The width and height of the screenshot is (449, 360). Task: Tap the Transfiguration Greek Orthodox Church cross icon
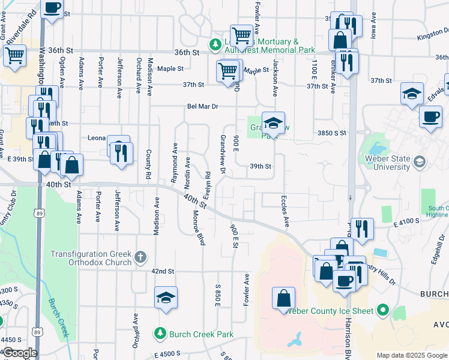pyautogui.click(x=140, y=258)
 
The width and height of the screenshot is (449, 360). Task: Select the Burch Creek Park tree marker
pyautogui.click(x=160, y=332)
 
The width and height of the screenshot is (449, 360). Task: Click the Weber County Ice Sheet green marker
pyautogui.click(x=382, y=311)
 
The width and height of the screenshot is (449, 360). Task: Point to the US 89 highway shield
pyautogui.click(x=39, y=212)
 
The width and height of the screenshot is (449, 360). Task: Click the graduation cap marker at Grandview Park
pyautogui.click(x=273, y=123)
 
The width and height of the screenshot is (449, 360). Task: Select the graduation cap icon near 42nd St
pyautogui.click(x=166, y=298)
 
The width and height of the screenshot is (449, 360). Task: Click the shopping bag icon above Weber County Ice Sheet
pyautogui.click(x=284, y=298)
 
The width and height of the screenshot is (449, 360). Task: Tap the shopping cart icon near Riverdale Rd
pyautogui.click(x=14, y=55)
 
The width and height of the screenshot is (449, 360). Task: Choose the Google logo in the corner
pyautogui.click(x=19, y=353)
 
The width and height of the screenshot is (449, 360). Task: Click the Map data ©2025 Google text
pyautogui.click(x=411, y=355)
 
